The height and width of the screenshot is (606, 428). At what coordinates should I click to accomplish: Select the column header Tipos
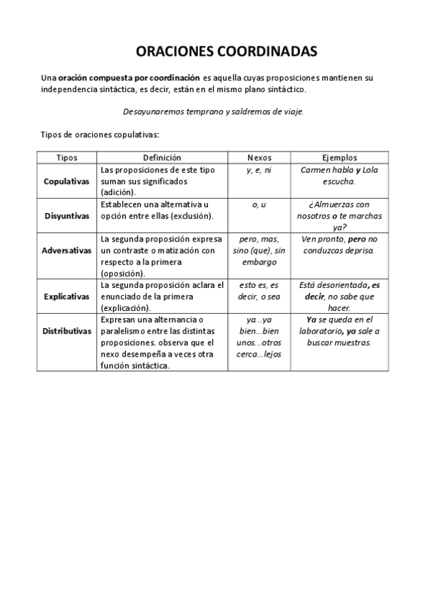(x=66, y=157)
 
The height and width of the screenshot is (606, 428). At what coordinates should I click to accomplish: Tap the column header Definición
(x=162, y=157)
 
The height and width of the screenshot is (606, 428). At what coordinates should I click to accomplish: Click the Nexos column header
(x=259, y=157)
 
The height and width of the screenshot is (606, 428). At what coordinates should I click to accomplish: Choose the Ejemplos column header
(x=339, y=157)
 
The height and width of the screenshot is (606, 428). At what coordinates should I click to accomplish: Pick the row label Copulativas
(x=66, y=182)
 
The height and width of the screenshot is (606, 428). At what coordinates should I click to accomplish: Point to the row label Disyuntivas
(x=66, y=215)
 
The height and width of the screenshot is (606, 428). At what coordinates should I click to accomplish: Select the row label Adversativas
(x=66, y=251)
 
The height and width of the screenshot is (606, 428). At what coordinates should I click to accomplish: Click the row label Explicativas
(x=66, y=295)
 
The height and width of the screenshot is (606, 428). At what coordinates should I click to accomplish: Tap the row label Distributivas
(x=66, y=332)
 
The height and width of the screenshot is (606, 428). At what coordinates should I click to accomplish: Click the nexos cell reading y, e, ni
(x=259, y=170)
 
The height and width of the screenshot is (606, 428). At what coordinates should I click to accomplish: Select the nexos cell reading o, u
(x=259, y=204)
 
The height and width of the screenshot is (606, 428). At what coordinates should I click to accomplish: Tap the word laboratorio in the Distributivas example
(x=320, y=331)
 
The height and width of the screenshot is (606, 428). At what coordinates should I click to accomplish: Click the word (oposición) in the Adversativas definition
(x=124, y=273)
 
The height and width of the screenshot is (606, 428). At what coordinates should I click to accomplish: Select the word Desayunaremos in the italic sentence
(x=153, y=111)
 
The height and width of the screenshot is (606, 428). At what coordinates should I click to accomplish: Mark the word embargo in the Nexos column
(x=259, y=262)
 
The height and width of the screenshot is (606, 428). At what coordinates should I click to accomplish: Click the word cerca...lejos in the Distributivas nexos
(x=259, y=354)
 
